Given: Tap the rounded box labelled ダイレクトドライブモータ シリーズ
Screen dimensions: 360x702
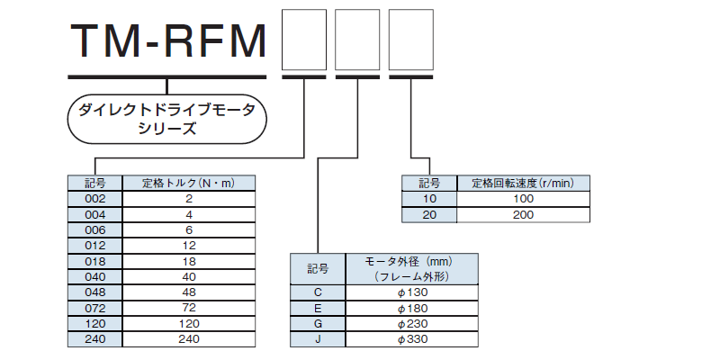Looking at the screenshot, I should (166, 120).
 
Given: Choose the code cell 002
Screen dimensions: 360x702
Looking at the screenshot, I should (94, 199).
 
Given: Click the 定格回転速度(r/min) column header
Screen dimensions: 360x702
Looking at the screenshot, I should (523, 184).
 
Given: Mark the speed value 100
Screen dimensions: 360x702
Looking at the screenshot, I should (523, 199).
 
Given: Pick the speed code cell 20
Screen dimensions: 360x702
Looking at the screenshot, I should (429, 214).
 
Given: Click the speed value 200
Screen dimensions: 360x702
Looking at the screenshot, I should (523, 214).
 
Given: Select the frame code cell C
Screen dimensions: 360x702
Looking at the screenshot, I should (318, 292).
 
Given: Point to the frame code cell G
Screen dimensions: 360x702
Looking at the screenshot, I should (318, 324).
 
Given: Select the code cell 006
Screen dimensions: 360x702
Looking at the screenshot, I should (94, 230).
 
